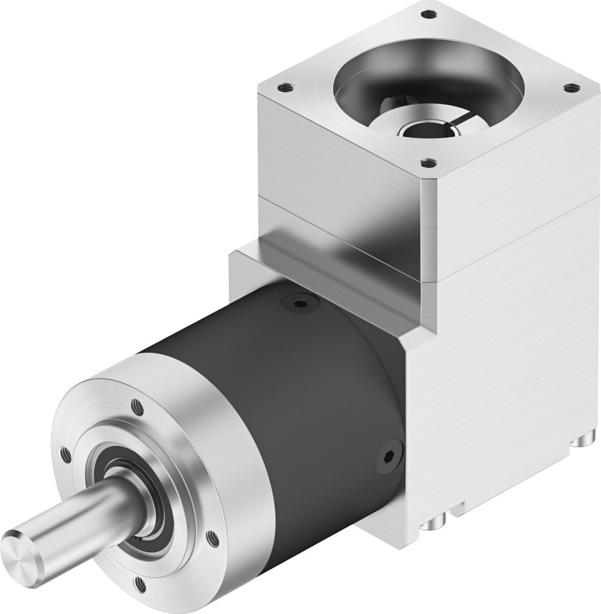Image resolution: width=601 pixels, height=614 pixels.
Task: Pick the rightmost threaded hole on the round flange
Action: pos(211,539)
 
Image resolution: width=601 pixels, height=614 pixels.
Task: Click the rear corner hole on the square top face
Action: pos(427,14)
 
